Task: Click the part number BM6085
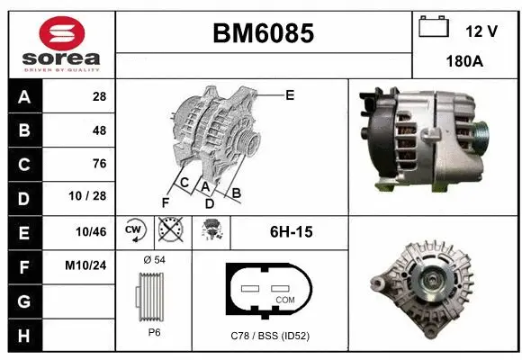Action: click(263, 33)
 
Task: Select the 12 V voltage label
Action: click(481, 31)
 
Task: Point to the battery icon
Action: click(433, 28)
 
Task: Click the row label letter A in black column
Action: click(23, 96)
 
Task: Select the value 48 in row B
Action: click(99, 130)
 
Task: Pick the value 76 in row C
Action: click(99, 164)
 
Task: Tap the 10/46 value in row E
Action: click(93, 232)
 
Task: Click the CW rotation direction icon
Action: click(135, 231)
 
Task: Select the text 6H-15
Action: click(291, 232)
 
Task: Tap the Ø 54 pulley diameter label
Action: click(154, 260)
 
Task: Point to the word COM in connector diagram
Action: click(284, 299)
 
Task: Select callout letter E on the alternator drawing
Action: click(289, 94)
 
